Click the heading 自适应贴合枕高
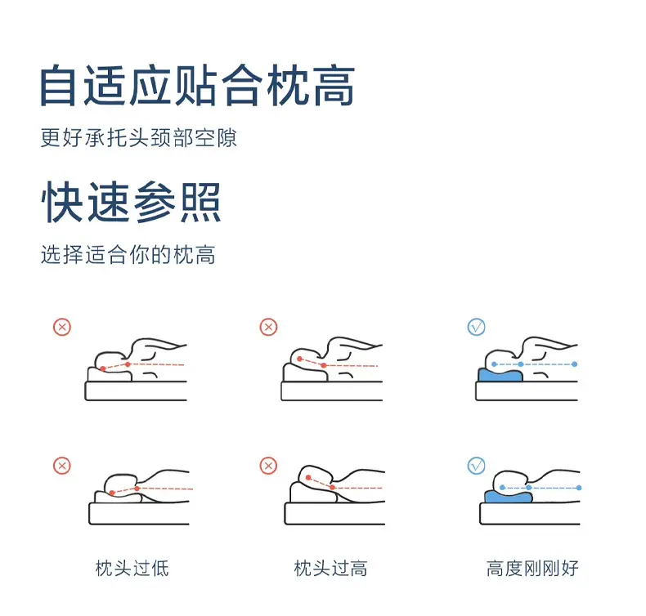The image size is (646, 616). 197,86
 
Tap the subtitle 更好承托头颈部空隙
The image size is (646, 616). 139,137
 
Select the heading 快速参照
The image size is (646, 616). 131,202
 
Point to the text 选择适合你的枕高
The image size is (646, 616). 128,254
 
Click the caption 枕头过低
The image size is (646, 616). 132,569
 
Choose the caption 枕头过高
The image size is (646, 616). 331,569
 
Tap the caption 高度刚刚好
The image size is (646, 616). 532,569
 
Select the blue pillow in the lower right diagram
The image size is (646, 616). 508,497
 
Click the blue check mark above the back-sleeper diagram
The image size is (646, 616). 476,327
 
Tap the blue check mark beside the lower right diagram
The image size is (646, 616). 476,466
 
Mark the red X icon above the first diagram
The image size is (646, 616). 62,327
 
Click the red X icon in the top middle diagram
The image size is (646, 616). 268,327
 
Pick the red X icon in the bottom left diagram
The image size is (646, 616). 62,466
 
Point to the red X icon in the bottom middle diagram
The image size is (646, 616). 268,466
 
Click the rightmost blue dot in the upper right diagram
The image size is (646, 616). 575,364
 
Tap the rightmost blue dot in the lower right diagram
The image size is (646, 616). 579,488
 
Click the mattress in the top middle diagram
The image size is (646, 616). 332,391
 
